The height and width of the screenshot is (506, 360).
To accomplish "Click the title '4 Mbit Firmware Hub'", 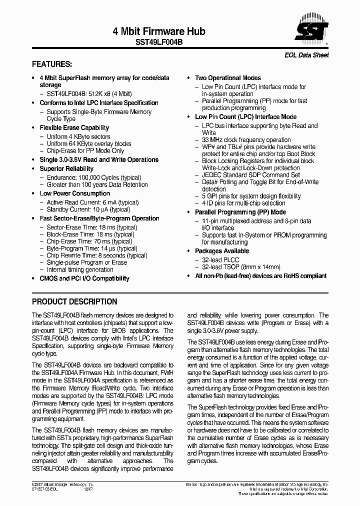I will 159,31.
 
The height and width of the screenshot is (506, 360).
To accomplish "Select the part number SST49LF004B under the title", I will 159,43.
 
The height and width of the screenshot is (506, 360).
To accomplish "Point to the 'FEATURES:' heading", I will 52,64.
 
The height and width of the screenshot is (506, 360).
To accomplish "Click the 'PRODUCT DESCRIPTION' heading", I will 74,301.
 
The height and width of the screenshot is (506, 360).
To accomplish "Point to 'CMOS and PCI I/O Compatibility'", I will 84,278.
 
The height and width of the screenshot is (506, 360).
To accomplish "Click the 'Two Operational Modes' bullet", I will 227,77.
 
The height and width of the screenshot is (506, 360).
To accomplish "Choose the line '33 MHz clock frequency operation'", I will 246,140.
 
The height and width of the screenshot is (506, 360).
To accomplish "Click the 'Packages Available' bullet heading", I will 221,250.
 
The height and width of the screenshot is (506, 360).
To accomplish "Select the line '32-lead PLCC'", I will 220,260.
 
